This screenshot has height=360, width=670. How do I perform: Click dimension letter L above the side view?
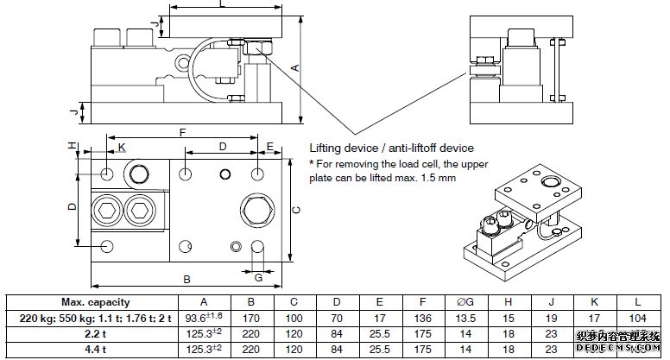coord(222,5)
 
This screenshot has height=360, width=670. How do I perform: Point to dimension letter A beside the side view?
coord(294,67)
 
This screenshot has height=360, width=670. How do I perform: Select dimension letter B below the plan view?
coord(186,280)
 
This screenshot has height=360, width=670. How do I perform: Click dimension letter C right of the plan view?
coord(295,209)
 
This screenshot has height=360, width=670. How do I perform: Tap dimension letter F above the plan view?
coord(181,133)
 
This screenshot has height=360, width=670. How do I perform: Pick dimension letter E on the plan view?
coord(270,147)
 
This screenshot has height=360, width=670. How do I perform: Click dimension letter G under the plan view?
coord(258,277)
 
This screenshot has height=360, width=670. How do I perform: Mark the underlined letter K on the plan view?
coord(122,148)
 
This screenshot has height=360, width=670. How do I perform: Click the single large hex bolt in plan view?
coord(257,209)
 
